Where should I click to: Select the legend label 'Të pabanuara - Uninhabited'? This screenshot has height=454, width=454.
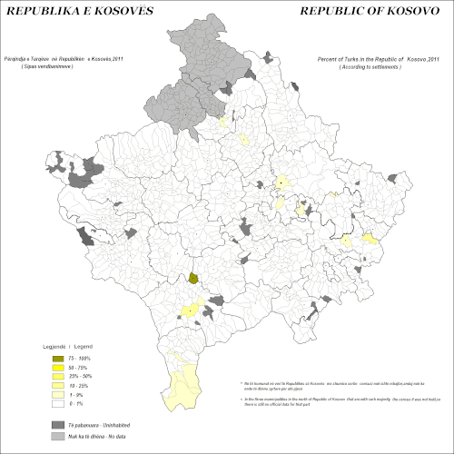(103, 424)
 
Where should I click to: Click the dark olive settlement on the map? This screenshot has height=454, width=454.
(193, 279)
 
